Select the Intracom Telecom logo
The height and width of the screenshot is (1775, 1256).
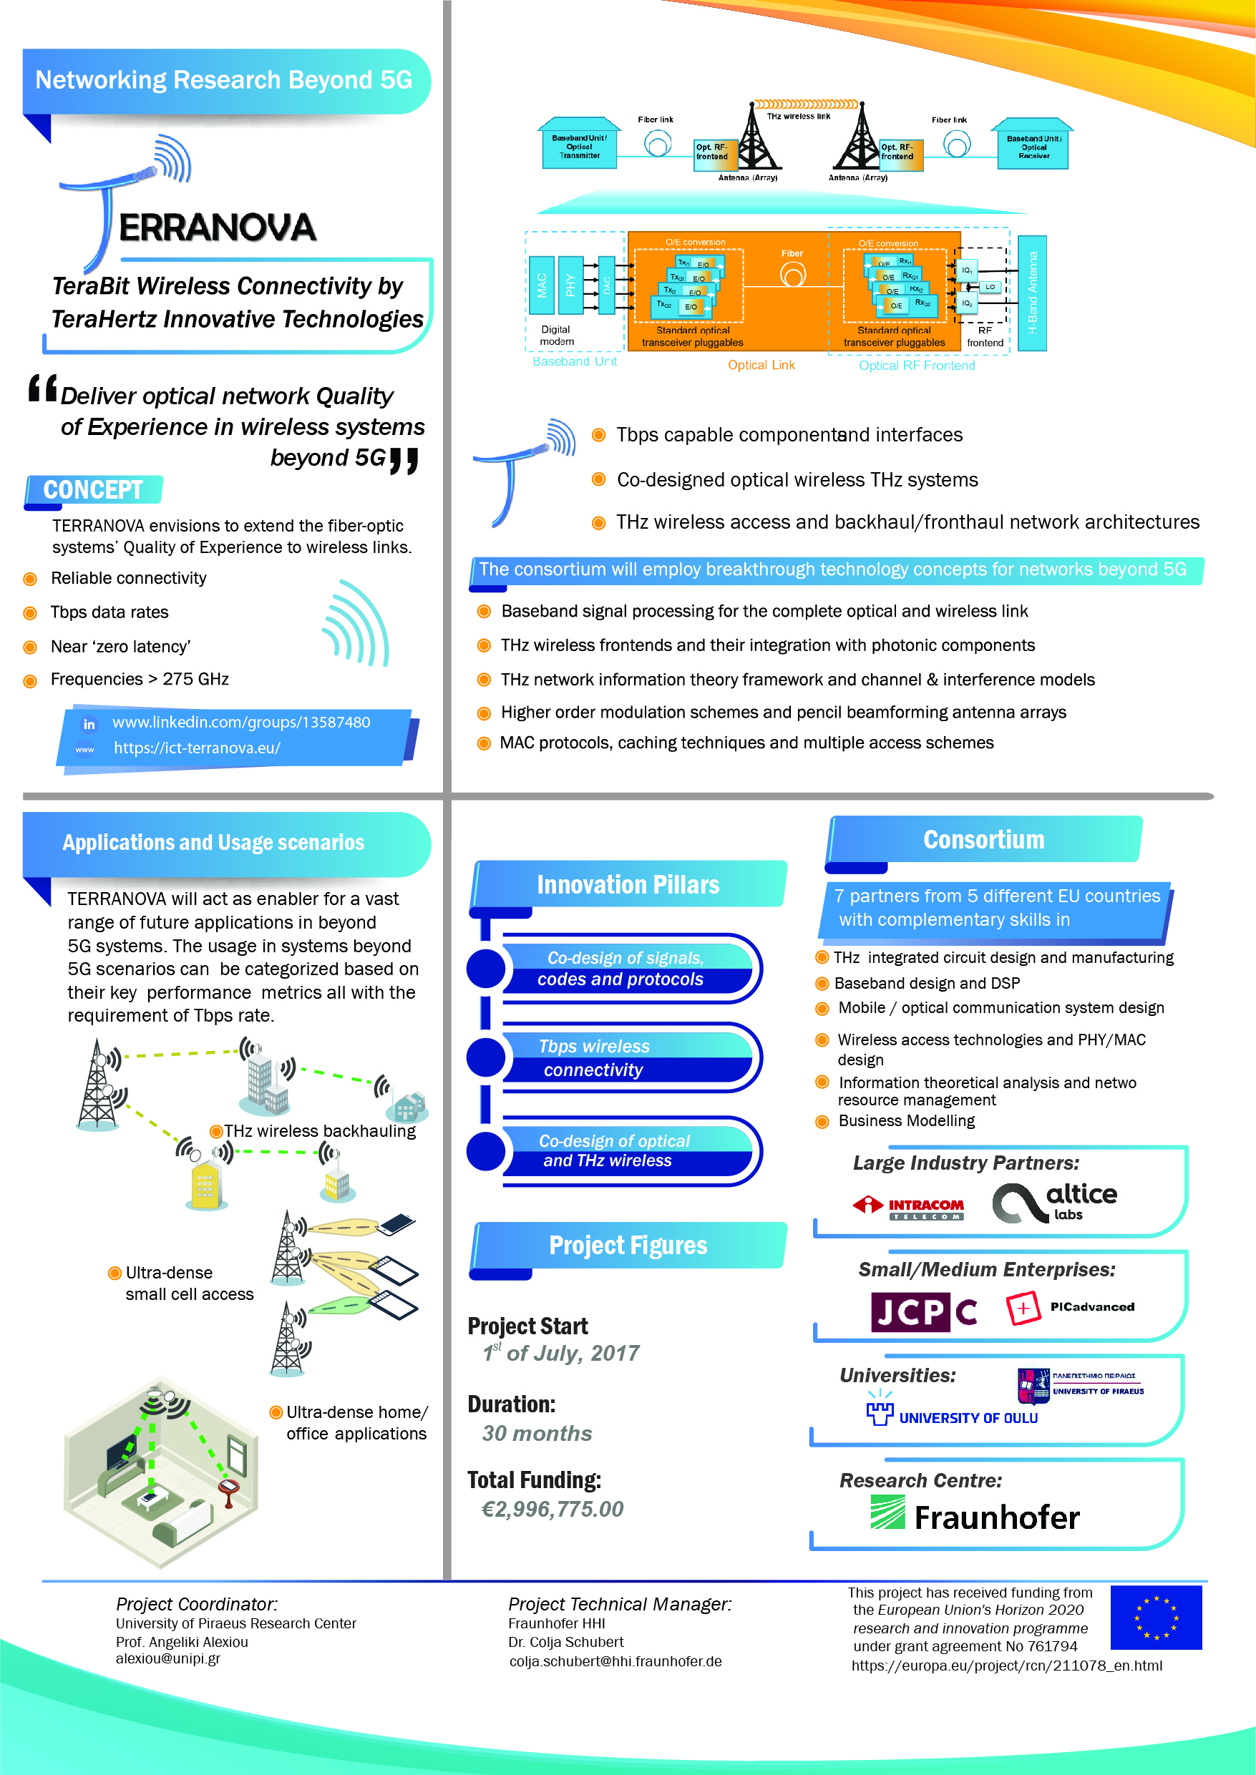pyautogui.click(x=909, y=1208)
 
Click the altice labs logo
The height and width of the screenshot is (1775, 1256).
pyautogui.click(x=1055, y=1202)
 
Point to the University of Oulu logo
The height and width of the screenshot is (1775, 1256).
pyautogui.click(x=952, y=1414)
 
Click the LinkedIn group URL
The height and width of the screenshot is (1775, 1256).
pyautogui.click(x=240, y=722)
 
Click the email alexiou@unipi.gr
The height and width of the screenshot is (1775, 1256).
pyautogui.click(x=168, y=1658)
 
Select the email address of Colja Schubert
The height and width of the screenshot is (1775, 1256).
pyautogui.click(x=615, y=1661)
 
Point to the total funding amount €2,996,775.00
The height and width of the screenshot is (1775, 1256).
pyautogui.click(x=552, y=1509)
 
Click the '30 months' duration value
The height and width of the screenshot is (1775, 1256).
pyautogui.click(x=537, y=1433)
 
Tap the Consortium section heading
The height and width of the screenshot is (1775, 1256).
pyautogui.click(x=983, y=840)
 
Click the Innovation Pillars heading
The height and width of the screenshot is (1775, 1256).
pyautogui.click(x=628, y=884)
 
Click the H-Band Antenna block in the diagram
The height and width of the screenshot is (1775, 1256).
pyautogui.click(x=1032, y=293)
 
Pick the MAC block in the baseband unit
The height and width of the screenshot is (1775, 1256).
pyautogui.click(x=541, y=285)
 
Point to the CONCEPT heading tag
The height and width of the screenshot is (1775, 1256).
pyautogui.click(x=94, y=490)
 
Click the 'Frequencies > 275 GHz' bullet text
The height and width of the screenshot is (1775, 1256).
pyautogui.click(x=140, y=679)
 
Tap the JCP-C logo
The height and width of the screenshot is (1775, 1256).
pyautogui.click(x=923, y=1311)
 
